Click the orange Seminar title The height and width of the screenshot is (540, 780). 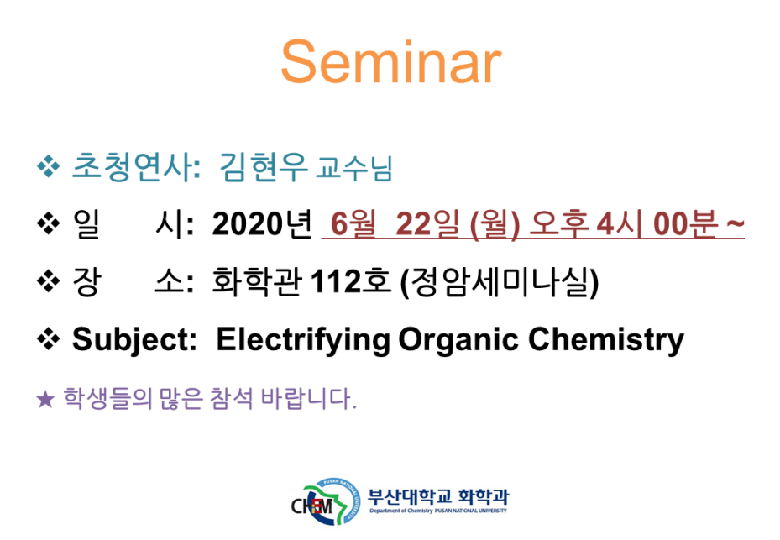tap(391, 62)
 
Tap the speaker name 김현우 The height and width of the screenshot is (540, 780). tap(264, 167)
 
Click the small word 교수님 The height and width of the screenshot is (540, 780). tap(354, 168)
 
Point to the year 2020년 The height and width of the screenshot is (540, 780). tap(262, 224)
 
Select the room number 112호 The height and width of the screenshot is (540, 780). tap(351, 281)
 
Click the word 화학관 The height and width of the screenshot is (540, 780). tap(256, 281)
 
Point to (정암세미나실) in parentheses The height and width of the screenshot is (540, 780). tap(500, 282)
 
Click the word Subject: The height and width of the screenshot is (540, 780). tap(135, 340)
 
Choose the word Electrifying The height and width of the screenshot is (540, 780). tap(303, 340)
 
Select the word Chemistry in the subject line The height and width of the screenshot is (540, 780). tap(606, 340)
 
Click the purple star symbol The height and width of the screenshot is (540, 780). tap(45, 399)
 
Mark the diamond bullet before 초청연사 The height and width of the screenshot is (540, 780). tap(48, 166)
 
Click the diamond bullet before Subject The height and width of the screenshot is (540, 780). tap(48, 339)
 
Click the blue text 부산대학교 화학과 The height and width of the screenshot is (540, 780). tap(438, 496)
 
